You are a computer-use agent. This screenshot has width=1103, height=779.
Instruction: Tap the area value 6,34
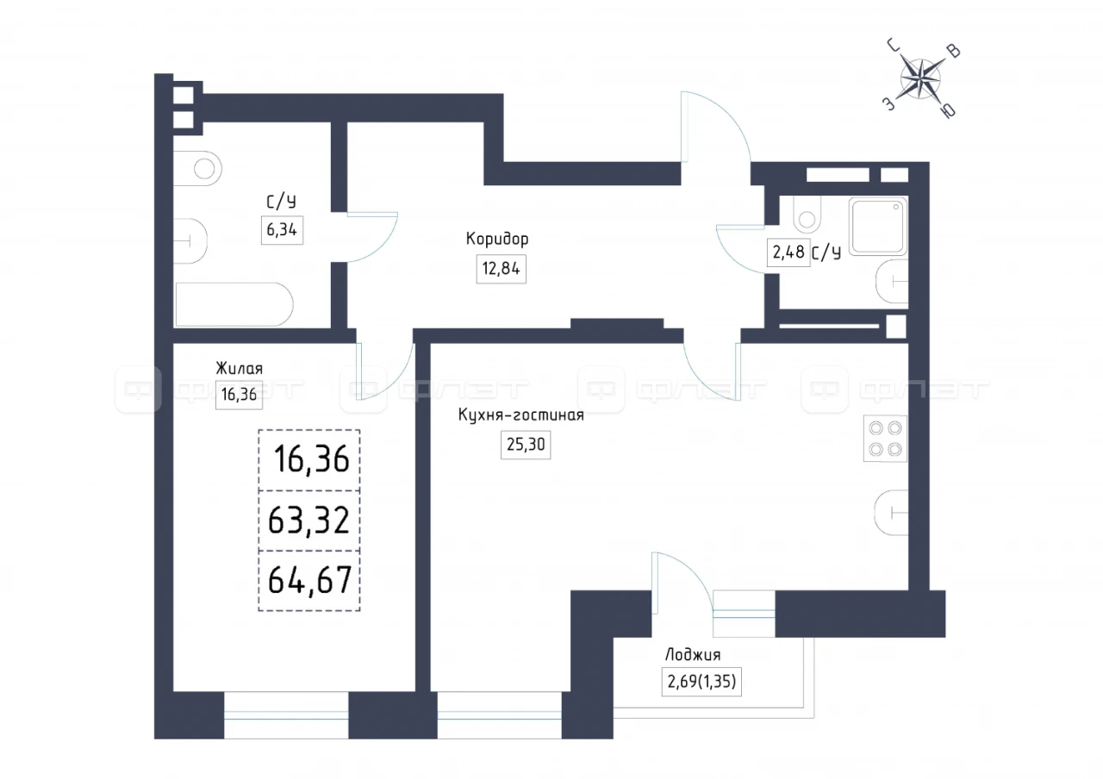pyautogui.click(x=282, y=230)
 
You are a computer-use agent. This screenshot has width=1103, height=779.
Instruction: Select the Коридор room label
pyautogui.click(x=497, y=239)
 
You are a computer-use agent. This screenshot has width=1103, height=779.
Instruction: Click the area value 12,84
pyautogui.click(x=501, y=269)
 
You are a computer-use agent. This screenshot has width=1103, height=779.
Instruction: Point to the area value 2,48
pyautogui.click(x=788, y=252)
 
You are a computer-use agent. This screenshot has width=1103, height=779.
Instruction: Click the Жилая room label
pyautogui.click(x=239, y=368)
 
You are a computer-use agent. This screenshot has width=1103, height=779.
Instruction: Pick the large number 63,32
pyautogui.click(x=308, y=520)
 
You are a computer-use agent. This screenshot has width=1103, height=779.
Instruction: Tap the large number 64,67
pyautogui.click(x=309, y=580)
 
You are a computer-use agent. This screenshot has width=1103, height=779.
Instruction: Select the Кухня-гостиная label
pyautogui.click(x=521, y=415)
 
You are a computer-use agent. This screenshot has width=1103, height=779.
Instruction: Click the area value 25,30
pyautogui.click(x=526, y=445)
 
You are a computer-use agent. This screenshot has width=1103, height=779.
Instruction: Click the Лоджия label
pyautogui.click(x=693, y=655)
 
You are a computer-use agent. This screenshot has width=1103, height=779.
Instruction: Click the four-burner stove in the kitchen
pyautogui.click(x=885, y=439)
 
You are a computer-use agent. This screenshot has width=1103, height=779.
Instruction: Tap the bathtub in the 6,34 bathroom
pyautogui.click(x=234, y=304)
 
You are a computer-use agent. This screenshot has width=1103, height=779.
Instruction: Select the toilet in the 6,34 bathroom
pyautogui.click(x=197, y=169)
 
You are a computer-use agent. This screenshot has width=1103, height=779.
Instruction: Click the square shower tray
pyautogui.click(x=878, y=227)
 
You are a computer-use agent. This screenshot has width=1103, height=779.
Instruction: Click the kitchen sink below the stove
pyautogui.click(x=891, y=513)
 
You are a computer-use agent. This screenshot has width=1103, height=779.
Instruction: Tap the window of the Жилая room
pyautogui.click(x=286, y=715)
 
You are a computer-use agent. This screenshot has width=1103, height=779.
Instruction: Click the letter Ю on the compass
pyautogui.click(x=948, y=111)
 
